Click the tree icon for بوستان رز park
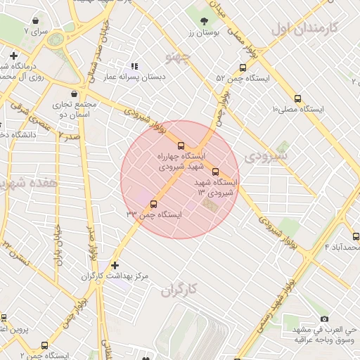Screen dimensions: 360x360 (x=204, y=21)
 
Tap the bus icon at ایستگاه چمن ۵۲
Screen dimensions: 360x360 (x=243, y=68)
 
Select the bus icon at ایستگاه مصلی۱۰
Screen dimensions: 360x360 (x=297, y=99)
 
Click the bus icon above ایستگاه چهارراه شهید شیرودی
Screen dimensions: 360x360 (x=181, y=145)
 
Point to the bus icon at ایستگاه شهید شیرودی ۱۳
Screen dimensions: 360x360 (x=215, y=171)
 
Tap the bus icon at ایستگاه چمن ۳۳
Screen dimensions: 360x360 (x=153, y=204)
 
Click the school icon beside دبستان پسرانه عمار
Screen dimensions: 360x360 (x=134, y=66)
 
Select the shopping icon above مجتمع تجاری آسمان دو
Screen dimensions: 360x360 (x=73, y=93)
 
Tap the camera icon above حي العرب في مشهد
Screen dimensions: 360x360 (x=323, y=319)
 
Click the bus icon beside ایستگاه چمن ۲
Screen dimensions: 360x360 (x=45, y=346)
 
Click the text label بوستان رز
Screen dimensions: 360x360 (x=205, y=32)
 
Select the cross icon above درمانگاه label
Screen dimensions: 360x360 (x=13, y=56)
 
